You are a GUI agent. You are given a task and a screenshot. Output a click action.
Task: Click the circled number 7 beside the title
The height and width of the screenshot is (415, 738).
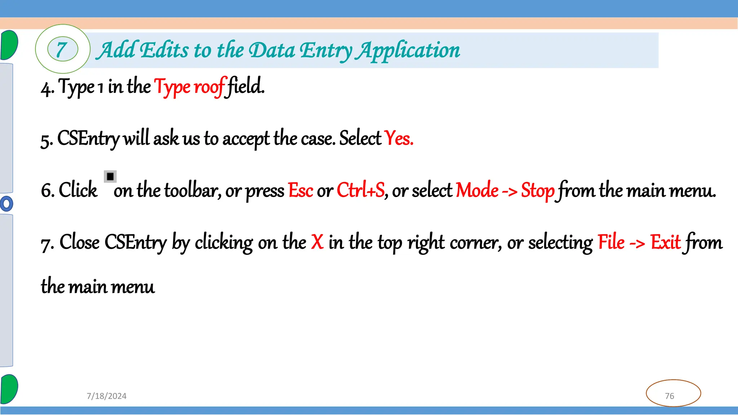[x=62, y=49]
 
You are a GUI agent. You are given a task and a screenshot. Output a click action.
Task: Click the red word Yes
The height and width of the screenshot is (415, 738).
[x=399, y=138]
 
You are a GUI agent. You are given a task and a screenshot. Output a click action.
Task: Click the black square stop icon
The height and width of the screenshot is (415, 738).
[x=110, y=177]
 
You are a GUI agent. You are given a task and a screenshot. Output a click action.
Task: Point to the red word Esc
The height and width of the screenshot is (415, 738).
[x=301, y=190]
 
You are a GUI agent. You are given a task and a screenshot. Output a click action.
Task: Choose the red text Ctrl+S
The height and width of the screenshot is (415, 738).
[x=361, y=190]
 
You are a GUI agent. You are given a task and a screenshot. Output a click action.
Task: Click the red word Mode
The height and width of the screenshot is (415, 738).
[x=477, y=190]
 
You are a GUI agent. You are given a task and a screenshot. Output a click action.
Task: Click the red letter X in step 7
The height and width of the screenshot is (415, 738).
[x=317, y=242]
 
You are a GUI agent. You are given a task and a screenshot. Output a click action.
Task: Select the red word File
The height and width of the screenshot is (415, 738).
[x=611, y=242]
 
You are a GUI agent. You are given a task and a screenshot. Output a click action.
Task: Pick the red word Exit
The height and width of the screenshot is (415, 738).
[x=665, y=242]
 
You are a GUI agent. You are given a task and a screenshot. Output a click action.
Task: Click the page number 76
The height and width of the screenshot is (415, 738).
[x=670, y=396]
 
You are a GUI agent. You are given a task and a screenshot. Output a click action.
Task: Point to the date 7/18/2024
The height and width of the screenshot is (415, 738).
[x=107, y=396]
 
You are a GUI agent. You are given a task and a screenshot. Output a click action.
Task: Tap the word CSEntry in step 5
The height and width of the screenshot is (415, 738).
[x=88, y=138]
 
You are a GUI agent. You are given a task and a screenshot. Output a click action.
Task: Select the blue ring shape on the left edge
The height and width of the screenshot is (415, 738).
[x=6, y=204]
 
